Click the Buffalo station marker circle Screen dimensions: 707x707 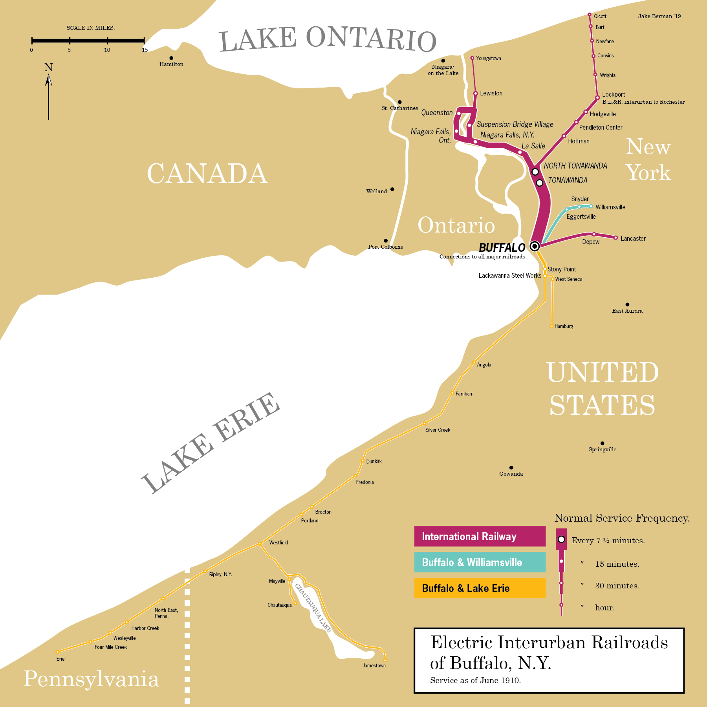tap(534, 246)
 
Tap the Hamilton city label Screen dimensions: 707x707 tap(171, 64)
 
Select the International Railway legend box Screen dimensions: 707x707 tap(480, 536)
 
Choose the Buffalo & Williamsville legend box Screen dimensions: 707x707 tap(480, 562)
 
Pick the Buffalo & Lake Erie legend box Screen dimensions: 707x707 tap(480, 588)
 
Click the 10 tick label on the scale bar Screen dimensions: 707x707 tap(107, 50)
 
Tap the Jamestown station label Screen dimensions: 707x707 tap(374, 665)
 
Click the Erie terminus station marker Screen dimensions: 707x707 tap(57, 652)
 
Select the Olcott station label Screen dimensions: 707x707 tap(600, 16)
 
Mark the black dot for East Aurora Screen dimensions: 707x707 tap(627, 304)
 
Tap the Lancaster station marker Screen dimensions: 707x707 tap(616, 238)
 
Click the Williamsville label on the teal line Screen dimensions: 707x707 tap(610, 207)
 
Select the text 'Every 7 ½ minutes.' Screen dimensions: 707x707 tap(608, 540)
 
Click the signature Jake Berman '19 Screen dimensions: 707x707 tap(659, 16)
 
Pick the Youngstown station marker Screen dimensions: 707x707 tap(472, 58)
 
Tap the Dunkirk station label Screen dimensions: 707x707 tap(374, 461)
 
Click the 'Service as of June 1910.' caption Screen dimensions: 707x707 tap(475, 680)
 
